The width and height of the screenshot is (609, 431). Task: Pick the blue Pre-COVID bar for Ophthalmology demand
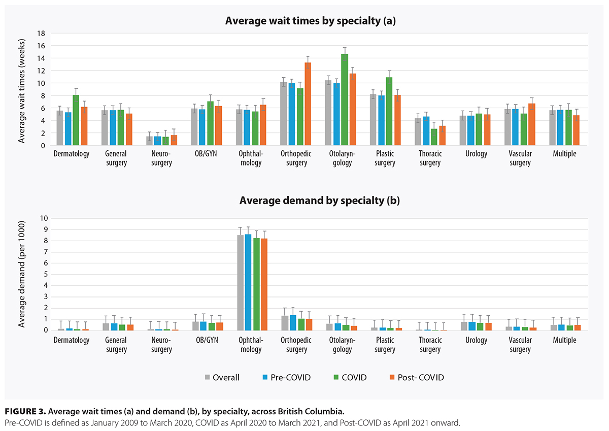[248, 282]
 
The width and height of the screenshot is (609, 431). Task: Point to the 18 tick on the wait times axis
[42, 34]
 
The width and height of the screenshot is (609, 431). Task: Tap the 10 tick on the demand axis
[42, 218]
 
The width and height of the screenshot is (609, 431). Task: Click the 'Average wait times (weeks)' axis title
[22, 89]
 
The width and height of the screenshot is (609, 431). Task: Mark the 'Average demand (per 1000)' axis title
[22, 274]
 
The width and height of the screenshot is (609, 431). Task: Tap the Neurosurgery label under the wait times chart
[162, 158]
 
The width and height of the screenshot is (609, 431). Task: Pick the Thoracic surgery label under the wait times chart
[430, 158]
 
